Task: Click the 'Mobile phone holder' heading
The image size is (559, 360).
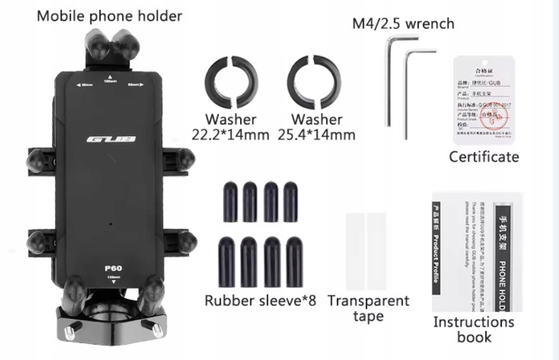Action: pos(109,15)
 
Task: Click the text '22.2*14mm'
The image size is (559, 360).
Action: pos(230,135)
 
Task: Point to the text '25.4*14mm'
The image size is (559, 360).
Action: pos(316,135)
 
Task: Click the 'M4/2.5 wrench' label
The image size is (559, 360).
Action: pos(403,24)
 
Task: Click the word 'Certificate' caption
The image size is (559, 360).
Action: pos(484,157)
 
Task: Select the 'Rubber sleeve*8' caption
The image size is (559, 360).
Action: pos(261,300)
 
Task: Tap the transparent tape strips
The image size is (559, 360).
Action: pos(366,250)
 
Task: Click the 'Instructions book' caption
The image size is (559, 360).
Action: pos(474,329)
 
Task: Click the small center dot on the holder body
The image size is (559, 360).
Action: pos(110,224)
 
